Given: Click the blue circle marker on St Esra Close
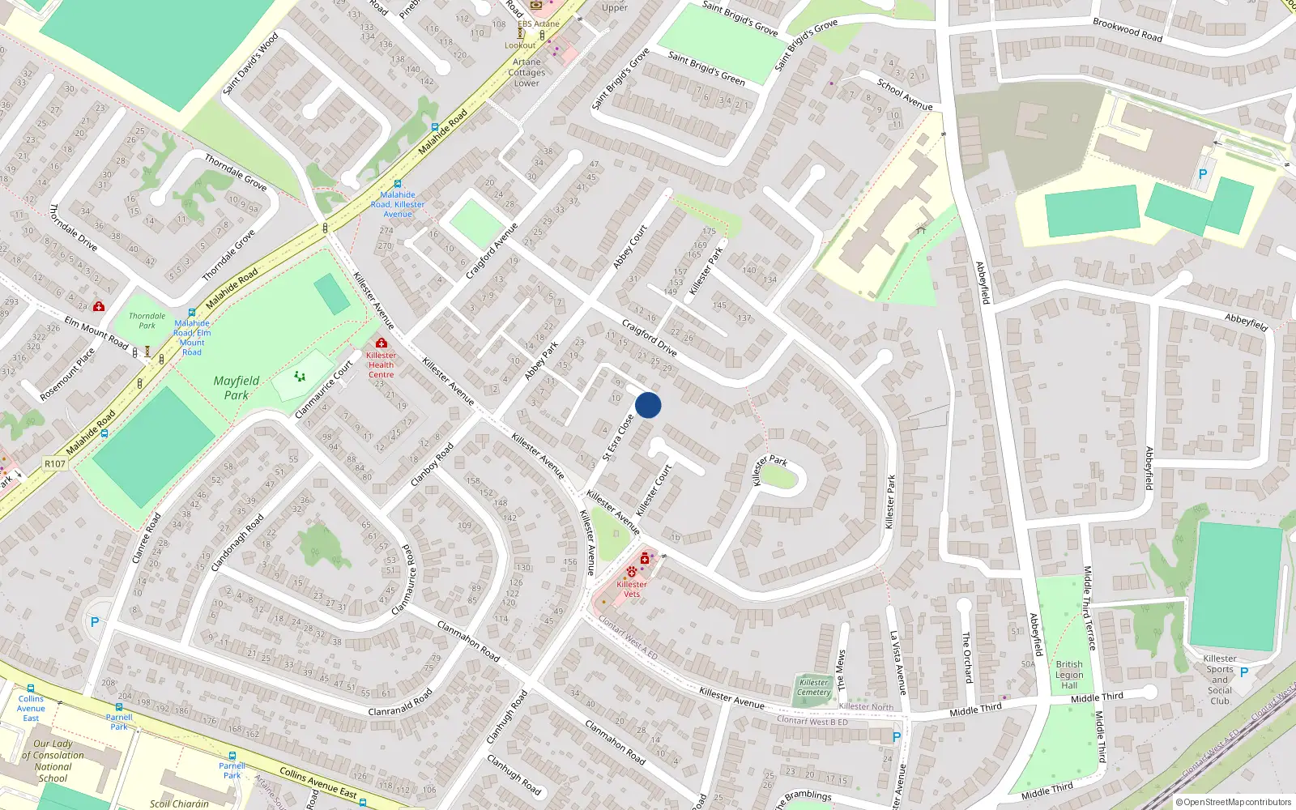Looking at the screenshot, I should click(x=648, y=405).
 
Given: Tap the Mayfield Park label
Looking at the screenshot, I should click(x=237, y=388).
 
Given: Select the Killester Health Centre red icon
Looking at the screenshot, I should click(x=382, y=343).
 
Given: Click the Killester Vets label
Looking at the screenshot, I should click(x=632, y=589).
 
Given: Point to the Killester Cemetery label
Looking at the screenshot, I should click(x=814, y=687).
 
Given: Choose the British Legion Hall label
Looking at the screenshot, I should click(x=1069, y=675).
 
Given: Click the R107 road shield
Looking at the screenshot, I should click(x=55, y=464).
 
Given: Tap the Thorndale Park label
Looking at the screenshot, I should click(x=147, y=321).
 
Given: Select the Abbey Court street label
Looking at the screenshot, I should click(x=630, y=247).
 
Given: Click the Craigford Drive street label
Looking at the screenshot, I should click(x=649, y=338).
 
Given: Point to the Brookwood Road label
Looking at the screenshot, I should click(x=1128, y=30).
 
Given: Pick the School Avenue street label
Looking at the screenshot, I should click(x=905, y=94).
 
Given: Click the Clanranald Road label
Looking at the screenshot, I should click(x=400, y=702).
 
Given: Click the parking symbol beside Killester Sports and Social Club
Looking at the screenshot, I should click(x=1244, y=672).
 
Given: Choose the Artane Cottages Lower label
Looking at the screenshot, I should click(x=526, y=72).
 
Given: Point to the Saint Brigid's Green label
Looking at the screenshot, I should click(x=706, y=68).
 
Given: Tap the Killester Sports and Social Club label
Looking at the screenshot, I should click(x=1220, y=680).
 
